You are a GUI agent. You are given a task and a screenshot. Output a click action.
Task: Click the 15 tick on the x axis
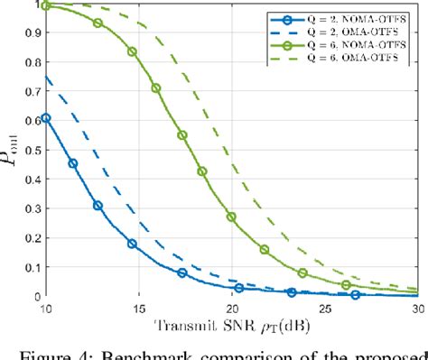(x=138, y=309)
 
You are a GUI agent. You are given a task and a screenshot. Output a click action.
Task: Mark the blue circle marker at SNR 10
(x=46, y=118)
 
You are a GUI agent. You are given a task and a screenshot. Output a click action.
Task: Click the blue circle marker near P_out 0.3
(x=98, y=206)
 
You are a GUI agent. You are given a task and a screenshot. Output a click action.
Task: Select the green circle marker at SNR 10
(x=46, y=6)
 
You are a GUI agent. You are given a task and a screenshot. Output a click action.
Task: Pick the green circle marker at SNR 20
(x=231, y=217)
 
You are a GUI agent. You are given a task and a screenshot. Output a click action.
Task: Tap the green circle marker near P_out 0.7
(x=156, y=88)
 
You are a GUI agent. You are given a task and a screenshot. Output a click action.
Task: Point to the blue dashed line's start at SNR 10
(x=46, y=78)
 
